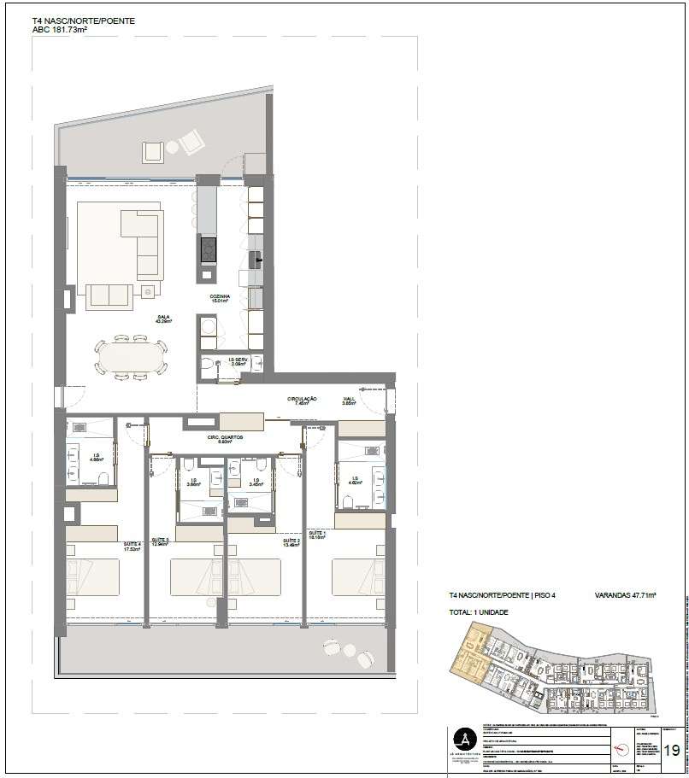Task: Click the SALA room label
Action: pos(162,319)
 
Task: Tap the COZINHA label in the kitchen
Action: pos(221,298)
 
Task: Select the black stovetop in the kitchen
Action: pos(208,249)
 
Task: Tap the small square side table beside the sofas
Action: pos(148,290)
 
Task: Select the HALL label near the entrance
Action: pos(349,400)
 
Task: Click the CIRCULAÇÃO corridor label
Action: pos(302,400)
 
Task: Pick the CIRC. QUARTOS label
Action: pos(225,438)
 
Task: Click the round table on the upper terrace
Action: pos(172,148)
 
